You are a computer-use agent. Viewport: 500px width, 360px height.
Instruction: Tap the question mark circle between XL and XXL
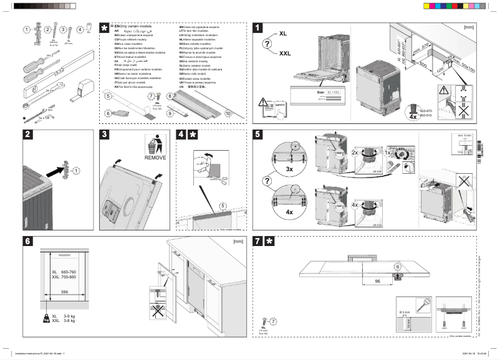point(266,44)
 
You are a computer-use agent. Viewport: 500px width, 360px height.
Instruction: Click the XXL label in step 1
point(285,54)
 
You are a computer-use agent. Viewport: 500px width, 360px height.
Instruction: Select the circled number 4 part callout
point(79,29)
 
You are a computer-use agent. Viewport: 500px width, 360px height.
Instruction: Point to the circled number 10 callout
point(228,114)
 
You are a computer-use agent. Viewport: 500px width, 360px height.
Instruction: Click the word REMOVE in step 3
point(156,158)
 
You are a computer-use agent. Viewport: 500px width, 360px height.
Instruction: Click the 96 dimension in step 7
point(377,282)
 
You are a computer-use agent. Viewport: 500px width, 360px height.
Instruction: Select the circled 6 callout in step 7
point(397,267)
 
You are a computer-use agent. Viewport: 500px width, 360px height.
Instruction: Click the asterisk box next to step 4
point(193,135)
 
